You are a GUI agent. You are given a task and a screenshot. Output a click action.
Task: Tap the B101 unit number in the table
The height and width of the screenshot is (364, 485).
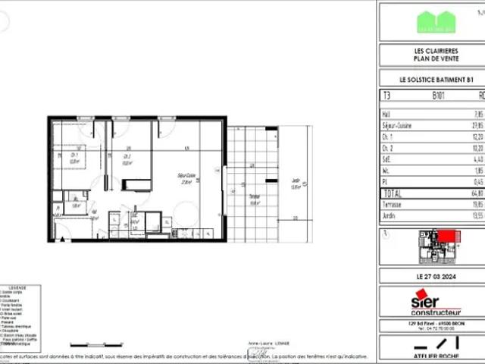pos(438,96)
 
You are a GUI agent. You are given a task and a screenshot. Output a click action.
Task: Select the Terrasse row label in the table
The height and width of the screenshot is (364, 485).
pos(392,205)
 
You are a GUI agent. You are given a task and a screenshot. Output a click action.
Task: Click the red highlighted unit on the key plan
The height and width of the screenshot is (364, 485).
pos(447,238)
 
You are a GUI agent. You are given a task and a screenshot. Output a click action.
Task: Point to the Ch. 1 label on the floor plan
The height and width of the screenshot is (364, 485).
pos(74,158)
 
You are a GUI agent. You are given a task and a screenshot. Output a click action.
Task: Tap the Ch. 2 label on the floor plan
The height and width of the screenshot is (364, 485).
pos(127,158)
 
